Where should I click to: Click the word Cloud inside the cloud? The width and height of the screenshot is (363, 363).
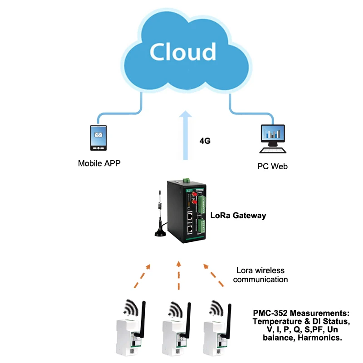(183, 51)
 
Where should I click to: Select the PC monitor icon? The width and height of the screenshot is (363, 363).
(272, 134)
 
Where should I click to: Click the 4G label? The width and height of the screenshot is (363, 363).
(205, 141)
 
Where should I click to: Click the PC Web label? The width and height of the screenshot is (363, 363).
(272, 167)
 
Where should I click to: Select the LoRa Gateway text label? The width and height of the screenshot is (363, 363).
(238, 216)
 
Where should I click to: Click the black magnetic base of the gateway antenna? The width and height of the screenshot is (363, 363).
(160, 233)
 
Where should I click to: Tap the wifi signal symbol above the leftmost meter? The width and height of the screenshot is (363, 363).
(133, 310)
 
